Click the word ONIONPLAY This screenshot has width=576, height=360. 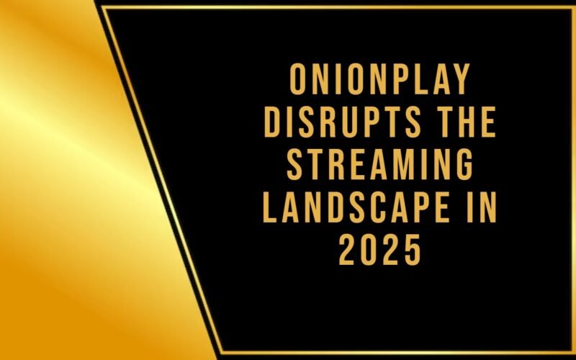coord(379,80)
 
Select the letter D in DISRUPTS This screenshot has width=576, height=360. coord(271,124)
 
